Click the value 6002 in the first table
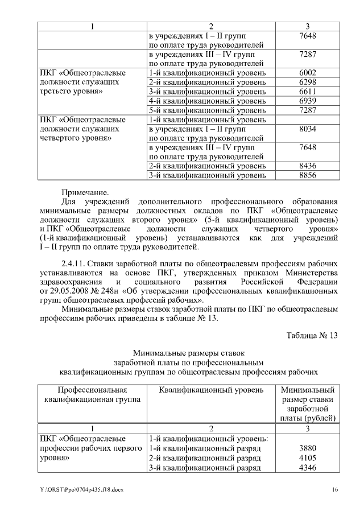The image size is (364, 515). pos(307,73)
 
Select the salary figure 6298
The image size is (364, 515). pos(307,82)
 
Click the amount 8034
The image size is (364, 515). pos(307,129)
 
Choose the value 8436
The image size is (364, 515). pos(307,166)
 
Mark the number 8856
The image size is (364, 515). pos(307,175)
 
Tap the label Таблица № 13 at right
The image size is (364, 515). pos(312,335)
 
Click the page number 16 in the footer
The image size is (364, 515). pos(335,490)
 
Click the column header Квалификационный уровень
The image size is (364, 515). pos(211,390)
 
